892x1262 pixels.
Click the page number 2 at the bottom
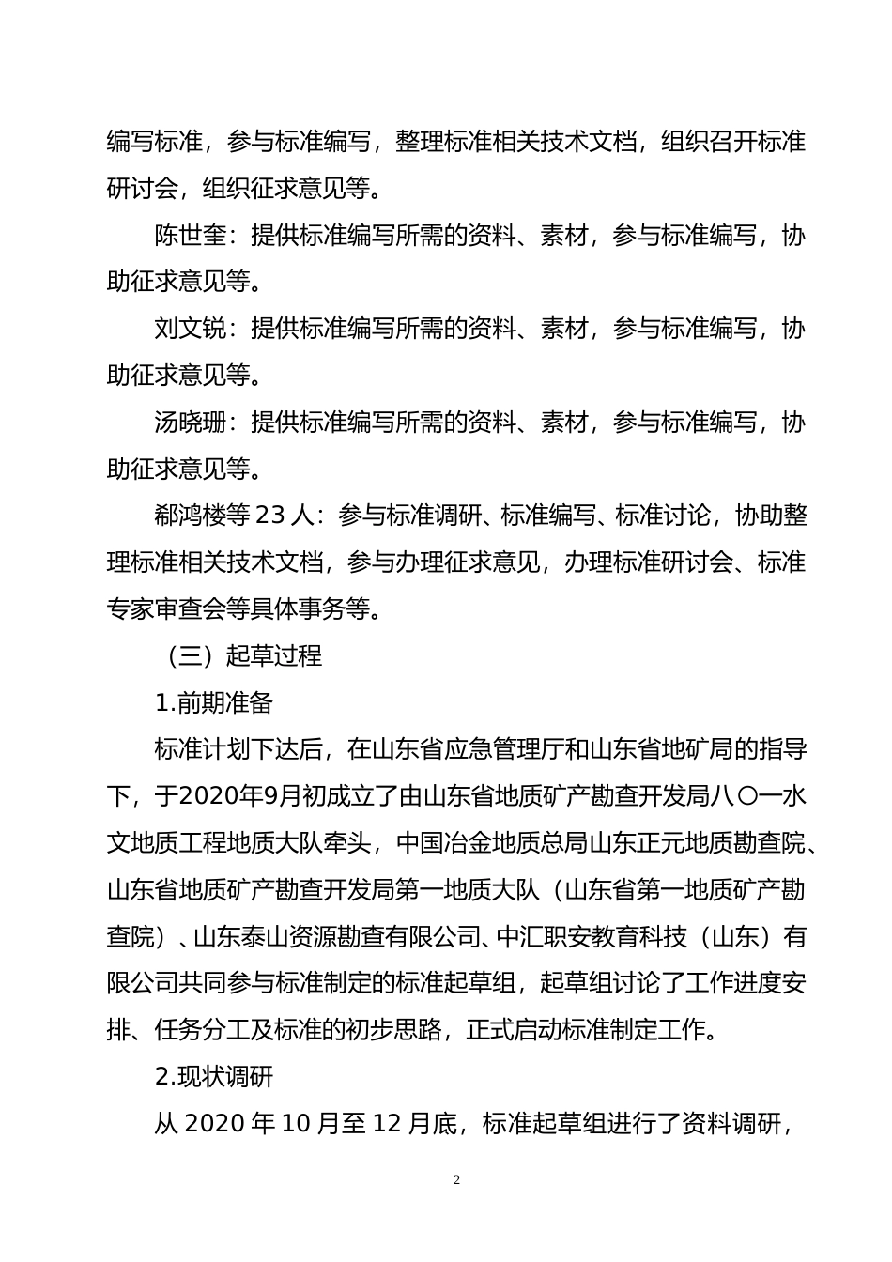tap(456, 1180)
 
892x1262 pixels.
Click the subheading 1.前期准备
tap(213, 702)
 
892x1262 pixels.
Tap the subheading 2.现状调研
tap(213, 1076)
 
